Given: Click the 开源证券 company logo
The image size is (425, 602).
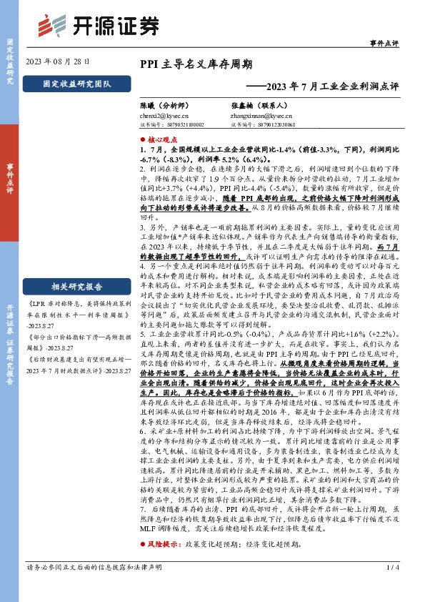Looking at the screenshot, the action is click(x=97, y=25).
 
